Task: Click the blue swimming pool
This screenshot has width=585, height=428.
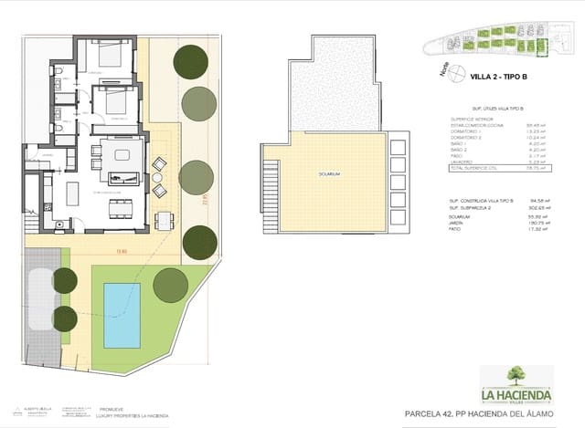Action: [122, 315]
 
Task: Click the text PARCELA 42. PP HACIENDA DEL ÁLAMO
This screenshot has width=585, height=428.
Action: [479, 414]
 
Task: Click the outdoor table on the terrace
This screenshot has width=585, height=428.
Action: [162, 220]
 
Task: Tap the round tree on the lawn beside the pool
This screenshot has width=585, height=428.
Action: [170, 286]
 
